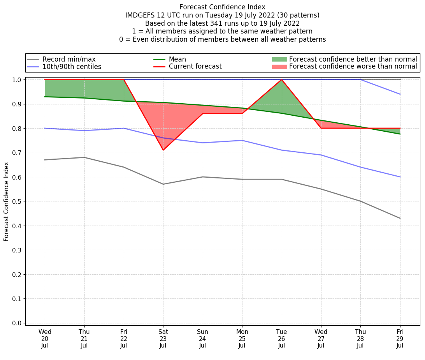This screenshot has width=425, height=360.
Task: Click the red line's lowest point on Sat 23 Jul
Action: click(x=163, y=150)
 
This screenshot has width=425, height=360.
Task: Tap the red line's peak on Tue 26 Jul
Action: click(x=281, y=79)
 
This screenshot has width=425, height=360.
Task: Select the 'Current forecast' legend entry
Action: click(x=195, y=67)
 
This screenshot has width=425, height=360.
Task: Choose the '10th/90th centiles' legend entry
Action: click(x=72, y=67)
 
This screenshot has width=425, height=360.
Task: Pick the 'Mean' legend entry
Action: click(x=177, y=59)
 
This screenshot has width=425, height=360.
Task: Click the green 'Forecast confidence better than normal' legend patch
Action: click(x=279, y=59)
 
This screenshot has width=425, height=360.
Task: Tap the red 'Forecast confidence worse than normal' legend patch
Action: click(x=279, y=67)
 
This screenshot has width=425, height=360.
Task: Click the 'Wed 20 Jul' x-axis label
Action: click(x=45, y=339)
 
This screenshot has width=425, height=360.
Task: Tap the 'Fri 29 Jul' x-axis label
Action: click(x=400, y=339)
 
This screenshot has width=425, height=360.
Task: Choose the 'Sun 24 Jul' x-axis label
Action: click(x=202, y=339)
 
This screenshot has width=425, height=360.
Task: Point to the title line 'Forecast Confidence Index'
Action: click(x=222, y=7)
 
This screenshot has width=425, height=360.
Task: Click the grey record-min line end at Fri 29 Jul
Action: click(x=400, y=218)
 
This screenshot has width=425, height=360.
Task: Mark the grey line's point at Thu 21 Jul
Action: click(x=84, y=157)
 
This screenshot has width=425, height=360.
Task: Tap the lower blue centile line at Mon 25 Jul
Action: click(x=242, y=140)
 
